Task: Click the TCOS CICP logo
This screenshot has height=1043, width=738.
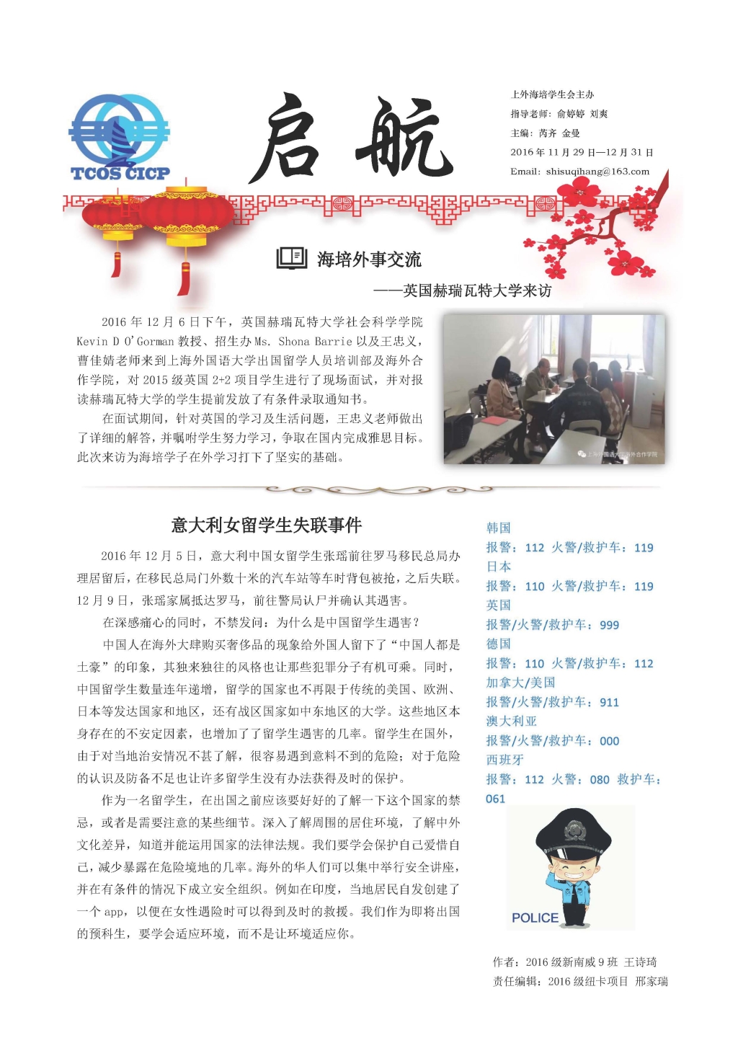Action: tap(119, 137)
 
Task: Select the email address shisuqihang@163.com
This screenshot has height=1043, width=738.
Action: tap(597, 172)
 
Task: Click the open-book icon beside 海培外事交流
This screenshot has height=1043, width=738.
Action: tap(292, 258)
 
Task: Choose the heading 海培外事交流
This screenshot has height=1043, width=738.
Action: tap(369, 259)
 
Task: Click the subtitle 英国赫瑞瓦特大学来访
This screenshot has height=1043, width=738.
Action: tap(477, 290)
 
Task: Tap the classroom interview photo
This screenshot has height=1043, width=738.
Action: tap(553, 389)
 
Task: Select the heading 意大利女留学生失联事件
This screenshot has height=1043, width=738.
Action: tap(266, 525)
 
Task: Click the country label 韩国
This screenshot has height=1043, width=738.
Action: tap(498, 528)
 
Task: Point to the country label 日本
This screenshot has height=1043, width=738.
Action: tap(498, 567)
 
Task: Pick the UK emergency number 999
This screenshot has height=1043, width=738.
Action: tap(609, 625)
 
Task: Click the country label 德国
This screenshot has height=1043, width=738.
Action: tap(498, 644)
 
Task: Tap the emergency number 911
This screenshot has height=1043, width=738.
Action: tap(609, 702)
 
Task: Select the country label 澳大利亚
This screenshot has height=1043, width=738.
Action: tap(511, 721)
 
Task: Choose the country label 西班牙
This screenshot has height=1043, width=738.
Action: tap(504, 760)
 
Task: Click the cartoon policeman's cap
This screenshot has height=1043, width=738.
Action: tap(574, 831)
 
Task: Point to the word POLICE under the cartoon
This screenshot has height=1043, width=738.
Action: tap(535, 918)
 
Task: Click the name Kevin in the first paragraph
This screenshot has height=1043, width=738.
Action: tap(92, 342)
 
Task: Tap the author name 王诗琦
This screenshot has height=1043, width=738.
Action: tap(640, 962)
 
